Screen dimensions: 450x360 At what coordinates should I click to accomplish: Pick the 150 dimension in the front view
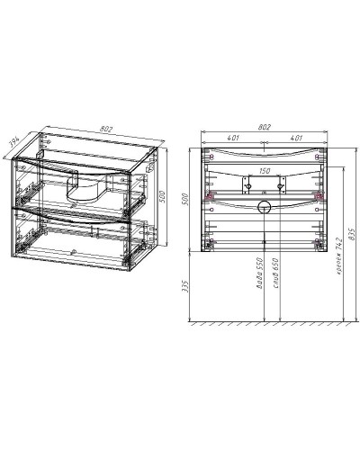click(265, 169)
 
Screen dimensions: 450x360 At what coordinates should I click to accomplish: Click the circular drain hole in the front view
click(265, 208)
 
